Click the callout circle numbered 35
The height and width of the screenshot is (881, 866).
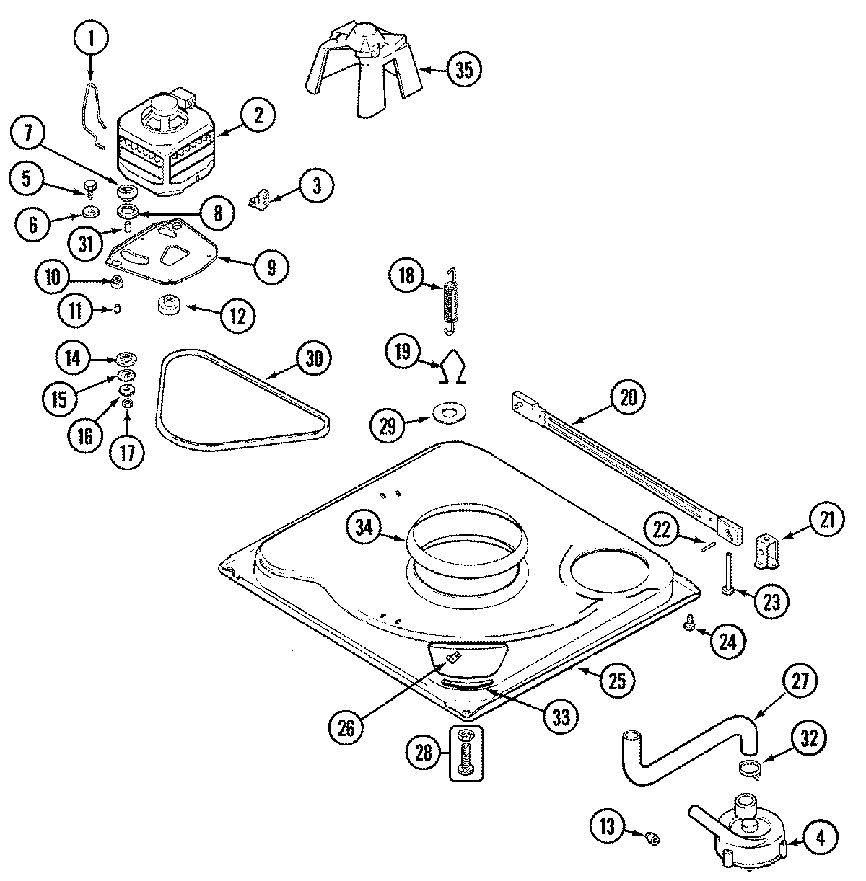[464, 70]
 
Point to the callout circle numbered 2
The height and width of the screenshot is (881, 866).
[258, 114]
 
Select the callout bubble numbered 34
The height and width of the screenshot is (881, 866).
[367, 528]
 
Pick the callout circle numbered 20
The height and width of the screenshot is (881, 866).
[628, 398]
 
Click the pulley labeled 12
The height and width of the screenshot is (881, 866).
[169, 306]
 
